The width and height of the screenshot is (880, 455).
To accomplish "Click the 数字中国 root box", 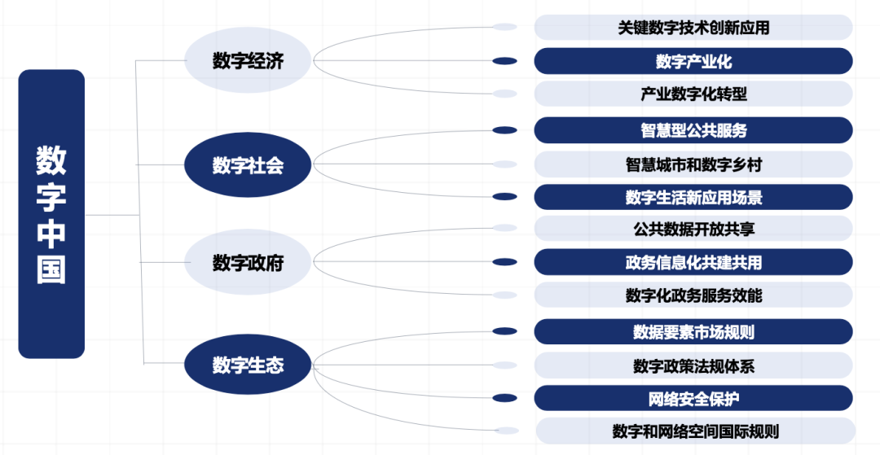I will click(51, 214).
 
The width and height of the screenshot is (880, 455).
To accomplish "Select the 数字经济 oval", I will click(248, 61).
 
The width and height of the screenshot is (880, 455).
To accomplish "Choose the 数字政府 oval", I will click(248, 263).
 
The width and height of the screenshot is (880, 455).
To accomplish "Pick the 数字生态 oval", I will click(248, 364).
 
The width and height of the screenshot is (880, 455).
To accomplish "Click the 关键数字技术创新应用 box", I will click(693, 28).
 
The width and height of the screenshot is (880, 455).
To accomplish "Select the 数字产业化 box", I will click(693, 61).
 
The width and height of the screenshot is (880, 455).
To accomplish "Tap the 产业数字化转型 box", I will click(693, 94).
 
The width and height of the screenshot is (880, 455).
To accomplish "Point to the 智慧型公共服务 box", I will click(693, 130).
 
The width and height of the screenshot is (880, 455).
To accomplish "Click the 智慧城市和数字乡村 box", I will click(693, 164).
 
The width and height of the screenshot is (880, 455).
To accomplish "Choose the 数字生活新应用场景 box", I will click(693, 197).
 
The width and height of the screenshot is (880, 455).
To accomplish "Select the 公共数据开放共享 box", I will click(693, 230).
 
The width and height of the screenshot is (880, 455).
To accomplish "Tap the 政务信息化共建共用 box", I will click(693, 262).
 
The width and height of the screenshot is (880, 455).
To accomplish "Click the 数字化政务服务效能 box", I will click(693, 295).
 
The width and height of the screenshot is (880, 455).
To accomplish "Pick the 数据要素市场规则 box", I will click(693, 331).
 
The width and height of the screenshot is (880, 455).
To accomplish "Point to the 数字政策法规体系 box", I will click(693, 365).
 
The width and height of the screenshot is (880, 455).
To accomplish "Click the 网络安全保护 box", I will click(693, 398).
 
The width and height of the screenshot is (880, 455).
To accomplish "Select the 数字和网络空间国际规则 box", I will click(693, 431).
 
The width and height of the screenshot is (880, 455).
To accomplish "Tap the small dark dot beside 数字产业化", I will click(505, 61).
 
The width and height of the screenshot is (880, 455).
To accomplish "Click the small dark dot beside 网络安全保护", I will click(505, 398).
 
